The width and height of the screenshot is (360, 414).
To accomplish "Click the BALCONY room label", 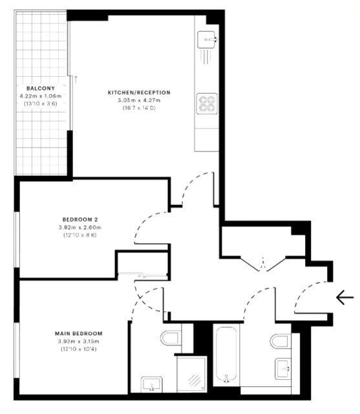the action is pyautogui.click(x=41, y=89).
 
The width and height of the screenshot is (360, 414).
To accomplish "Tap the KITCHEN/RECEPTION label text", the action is pyautogui.click(x=139, y=93).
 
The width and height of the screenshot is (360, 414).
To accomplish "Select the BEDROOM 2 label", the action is pyautogui.click(x=80, y=219).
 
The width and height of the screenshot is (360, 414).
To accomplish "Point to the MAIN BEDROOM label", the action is pyautogui.click(x=79, y=334).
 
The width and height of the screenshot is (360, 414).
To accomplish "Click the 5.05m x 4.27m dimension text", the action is pyautogui.click(x=139, y=100).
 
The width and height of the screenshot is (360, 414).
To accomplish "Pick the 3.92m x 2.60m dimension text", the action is pyautogui.click(x=80, y=227).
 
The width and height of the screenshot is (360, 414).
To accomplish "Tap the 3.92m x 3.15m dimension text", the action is pyautogui.click(x=79, y=342).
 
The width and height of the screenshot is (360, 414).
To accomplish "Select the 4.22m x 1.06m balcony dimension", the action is pyautogui.click(x=41, y=96).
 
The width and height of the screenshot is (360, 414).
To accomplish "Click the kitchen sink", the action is pyautogui.click(x=207, y=39).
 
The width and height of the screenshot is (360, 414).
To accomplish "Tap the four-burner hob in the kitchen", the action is pyautogui.click(x=207, y=103).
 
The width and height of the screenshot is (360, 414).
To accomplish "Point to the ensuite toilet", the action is pyautogui.click(x=169, y=338).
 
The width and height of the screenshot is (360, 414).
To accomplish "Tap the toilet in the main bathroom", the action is pyautogui.click(x=281, y=341).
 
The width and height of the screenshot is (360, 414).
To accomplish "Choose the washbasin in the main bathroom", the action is pyautogui.click(x=283, y=369).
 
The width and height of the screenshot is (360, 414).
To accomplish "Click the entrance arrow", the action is pyautogui.click(x=344, y=298).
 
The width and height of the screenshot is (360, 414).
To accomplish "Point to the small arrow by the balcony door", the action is pyautogui.click(x=76, y=79).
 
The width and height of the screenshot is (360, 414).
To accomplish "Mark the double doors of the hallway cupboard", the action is pyautogui.click(x=263, y=264).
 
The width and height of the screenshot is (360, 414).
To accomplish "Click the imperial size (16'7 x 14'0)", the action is pyautogui.click(x=139, y=108).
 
